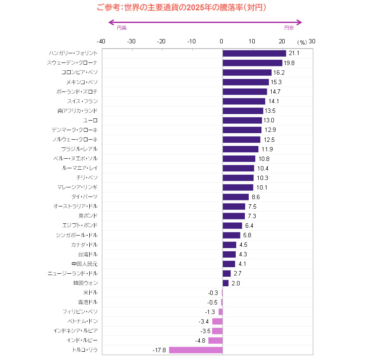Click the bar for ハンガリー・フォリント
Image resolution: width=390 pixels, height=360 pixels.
coord(254,53)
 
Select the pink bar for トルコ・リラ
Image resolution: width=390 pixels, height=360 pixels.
coord(195,350)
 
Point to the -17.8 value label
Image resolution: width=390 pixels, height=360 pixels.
coord(159,350)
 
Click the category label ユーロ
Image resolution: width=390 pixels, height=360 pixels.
coord(90,120)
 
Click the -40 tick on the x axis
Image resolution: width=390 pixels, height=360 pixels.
coord(101,42)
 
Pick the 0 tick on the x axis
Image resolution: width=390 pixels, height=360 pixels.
coord(221,42)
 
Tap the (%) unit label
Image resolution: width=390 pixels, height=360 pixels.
coord(302,42)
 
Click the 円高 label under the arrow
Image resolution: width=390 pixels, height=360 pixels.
coord(122,28)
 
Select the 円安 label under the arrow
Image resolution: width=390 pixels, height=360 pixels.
coord(289,28)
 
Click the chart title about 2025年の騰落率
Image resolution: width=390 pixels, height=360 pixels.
coord(181,7)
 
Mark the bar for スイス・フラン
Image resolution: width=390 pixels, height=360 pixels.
coord(244,101)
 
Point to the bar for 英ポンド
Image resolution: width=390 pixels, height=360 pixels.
coord(234,216)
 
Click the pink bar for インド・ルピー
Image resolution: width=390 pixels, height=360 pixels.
coord(215,340)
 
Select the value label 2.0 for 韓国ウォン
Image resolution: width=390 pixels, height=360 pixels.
coord(236,283)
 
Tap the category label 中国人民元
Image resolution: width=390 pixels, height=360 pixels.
coord(84,264)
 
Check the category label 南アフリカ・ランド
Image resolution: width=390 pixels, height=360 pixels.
coord(78,111)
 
